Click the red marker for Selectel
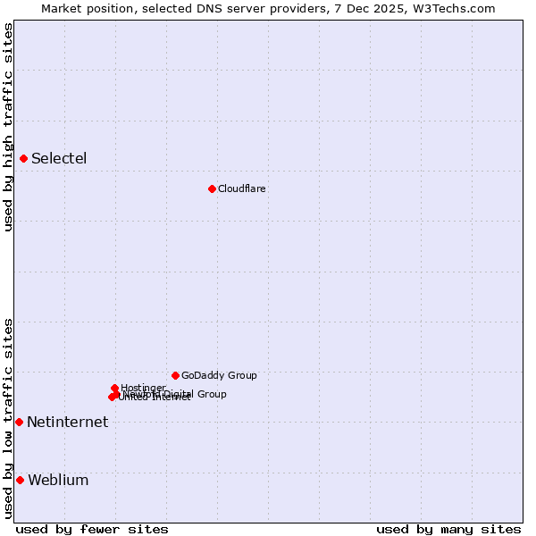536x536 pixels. coord(23,158)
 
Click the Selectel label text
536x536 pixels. coord(59,159)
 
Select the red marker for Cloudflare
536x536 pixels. coord(212,188)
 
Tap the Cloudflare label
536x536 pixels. coord(241,189)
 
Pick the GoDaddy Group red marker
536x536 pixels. coord(175,375)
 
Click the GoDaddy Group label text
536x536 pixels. coord(218,376)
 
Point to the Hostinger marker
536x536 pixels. coord(115,388)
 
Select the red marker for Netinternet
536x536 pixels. coord(19,422)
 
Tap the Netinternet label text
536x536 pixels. coord(67,423)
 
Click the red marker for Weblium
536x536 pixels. coord(20,480)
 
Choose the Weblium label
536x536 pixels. coord(58,481)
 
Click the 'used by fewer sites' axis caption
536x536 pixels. coord(92,530)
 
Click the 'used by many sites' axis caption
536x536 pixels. coord(448,530)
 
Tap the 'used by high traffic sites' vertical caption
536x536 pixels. coord(8,127)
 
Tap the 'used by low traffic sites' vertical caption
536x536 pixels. coord(8,417)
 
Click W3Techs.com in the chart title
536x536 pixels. coord(456,8)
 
